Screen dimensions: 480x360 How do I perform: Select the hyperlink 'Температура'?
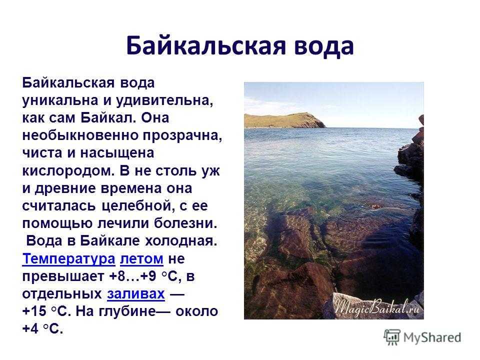point(69,258)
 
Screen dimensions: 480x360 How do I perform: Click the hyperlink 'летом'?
point(141,258)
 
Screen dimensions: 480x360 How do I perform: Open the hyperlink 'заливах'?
point(136,294)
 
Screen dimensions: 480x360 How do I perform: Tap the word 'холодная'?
point(180,241)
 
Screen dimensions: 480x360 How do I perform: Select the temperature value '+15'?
point(34,311)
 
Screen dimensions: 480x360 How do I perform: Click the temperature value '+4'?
point(30,329)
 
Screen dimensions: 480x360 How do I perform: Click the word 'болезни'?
point(185,223)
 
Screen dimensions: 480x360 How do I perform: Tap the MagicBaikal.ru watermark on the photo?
point(377,306)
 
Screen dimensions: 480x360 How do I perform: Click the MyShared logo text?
point(432,337)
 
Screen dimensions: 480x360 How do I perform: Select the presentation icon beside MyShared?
point(392,337)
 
